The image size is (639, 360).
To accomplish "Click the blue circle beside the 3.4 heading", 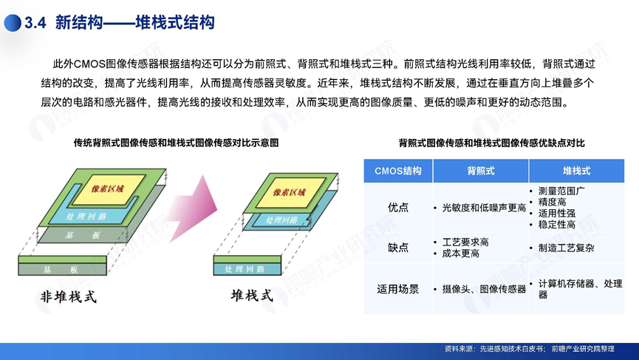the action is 13,23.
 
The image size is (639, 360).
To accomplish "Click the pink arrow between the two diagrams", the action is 193,208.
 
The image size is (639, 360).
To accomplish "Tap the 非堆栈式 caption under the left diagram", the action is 69,296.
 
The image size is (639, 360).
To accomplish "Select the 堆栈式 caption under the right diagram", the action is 252,296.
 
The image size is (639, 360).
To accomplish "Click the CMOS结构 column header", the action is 397,171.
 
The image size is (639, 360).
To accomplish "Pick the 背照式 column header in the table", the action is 481,171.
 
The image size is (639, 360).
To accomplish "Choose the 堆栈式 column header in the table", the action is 576,171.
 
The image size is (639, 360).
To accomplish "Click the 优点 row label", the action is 397,208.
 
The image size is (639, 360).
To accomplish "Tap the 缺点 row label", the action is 397,248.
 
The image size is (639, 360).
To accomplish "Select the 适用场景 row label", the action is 397,289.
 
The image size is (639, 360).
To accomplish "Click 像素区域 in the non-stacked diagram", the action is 107,189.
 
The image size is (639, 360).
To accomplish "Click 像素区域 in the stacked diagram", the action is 289,192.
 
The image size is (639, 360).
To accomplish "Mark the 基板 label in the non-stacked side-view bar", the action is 61,270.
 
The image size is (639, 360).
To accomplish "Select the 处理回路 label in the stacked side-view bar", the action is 245,269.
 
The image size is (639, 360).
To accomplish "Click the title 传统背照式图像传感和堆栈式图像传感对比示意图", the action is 176,143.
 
